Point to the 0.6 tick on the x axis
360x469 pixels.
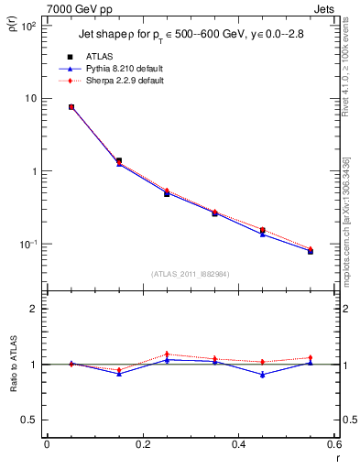334,446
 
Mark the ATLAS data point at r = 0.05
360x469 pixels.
71,107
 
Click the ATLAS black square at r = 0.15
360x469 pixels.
119,160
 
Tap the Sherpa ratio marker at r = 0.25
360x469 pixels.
167,354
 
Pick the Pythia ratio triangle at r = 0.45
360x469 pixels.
262,375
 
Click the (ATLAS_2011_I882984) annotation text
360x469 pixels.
191,274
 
